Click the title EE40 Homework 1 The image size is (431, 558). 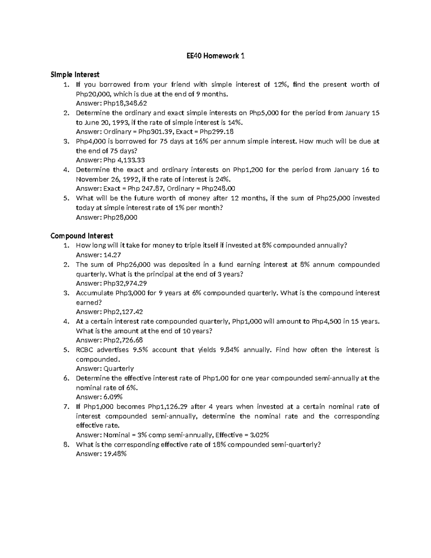(215, 56)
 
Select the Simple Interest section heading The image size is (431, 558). (75, 75)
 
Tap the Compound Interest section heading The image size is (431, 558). (82, 236)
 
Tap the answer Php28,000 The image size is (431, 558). (120, 217)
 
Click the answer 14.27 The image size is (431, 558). (112, 255)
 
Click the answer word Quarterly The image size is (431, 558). (119, 369)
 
